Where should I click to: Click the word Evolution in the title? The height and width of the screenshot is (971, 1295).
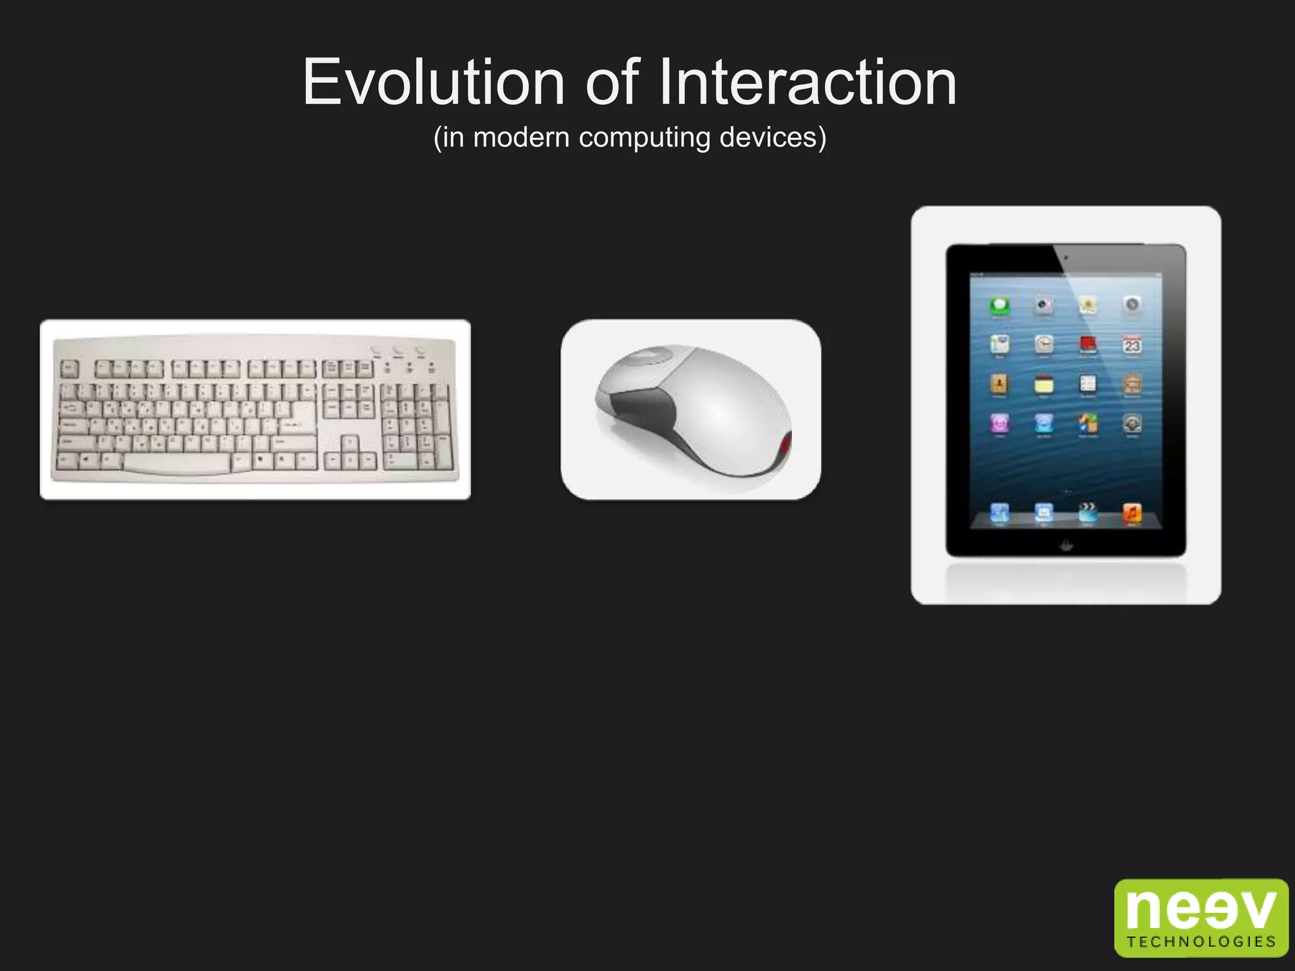pyautogui.click(x=434, y=82)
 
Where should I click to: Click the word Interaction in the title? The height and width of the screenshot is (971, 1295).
pyautogui.click(x=807, y=82)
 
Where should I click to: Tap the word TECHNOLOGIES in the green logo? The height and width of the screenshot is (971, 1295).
pyautogui.click(x=1201, y=942)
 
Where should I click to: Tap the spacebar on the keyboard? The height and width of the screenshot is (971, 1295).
pyautogui.click(x=177, y=463)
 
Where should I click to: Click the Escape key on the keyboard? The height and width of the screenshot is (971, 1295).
pyautogui.click(x=69, y=369)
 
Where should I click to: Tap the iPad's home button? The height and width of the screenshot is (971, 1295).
pyautogui.click(x=1066, y=545)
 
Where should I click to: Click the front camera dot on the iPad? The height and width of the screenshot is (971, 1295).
pyautogui.click(x=1066, y=258)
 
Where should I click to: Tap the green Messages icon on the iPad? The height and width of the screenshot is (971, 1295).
pyautogui.click(x=1000, y=306)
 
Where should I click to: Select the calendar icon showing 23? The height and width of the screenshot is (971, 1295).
pyautogui.click(x=1132, y=345)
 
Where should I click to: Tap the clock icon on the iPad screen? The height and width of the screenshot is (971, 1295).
pyautogui.click(x=1044, y=345)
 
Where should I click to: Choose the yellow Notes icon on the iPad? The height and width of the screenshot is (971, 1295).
pyautogui.click(x=1044, y=384)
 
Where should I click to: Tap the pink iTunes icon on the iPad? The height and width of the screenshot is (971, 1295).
pyautogui.click(x=1000, y=423)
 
